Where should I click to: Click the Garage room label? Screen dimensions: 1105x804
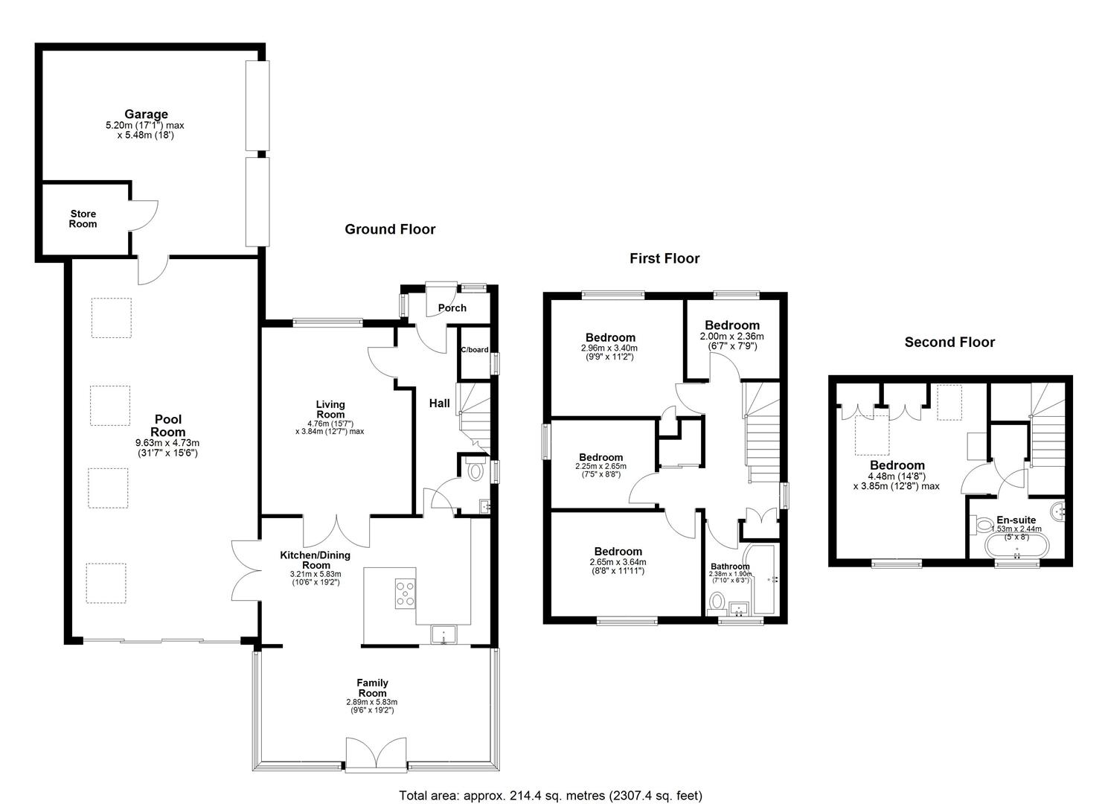(146, 114)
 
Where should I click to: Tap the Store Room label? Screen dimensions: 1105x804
(83, 219)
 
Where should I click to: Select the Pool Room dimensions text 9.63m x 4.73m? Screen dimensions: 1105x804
(167, 443)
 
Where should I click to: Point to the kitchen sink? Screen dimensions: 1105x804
(444, 635)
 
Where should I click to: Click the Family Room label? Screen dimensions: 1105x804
(373, 688)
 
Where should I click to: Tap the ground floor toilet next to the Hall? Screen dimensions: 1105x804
(475, 470)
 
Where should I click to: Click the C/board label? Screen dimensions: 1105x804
(475, 349)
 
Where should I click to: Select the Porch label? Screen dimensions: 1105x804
(452, 308)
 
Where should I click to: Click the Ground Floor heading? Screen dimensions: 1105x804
(390, 229)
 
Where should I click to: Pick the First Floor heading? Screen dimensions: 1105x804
(664, 258)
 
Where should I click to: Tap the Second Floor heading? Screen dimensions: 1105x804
(949, 342)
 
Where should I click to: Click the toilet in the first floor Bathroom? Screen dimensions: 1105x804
(717, 602)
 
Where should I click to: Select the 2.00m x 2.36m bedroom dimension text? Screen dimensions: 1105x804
(731, 336)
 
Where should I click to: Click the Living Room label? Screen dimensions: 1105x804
(330, 409)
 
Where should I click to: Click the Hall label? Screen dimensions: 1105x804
(439, 403)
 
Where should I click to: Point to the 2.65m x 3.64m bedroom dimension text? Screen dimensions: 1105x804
(618, 561)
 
